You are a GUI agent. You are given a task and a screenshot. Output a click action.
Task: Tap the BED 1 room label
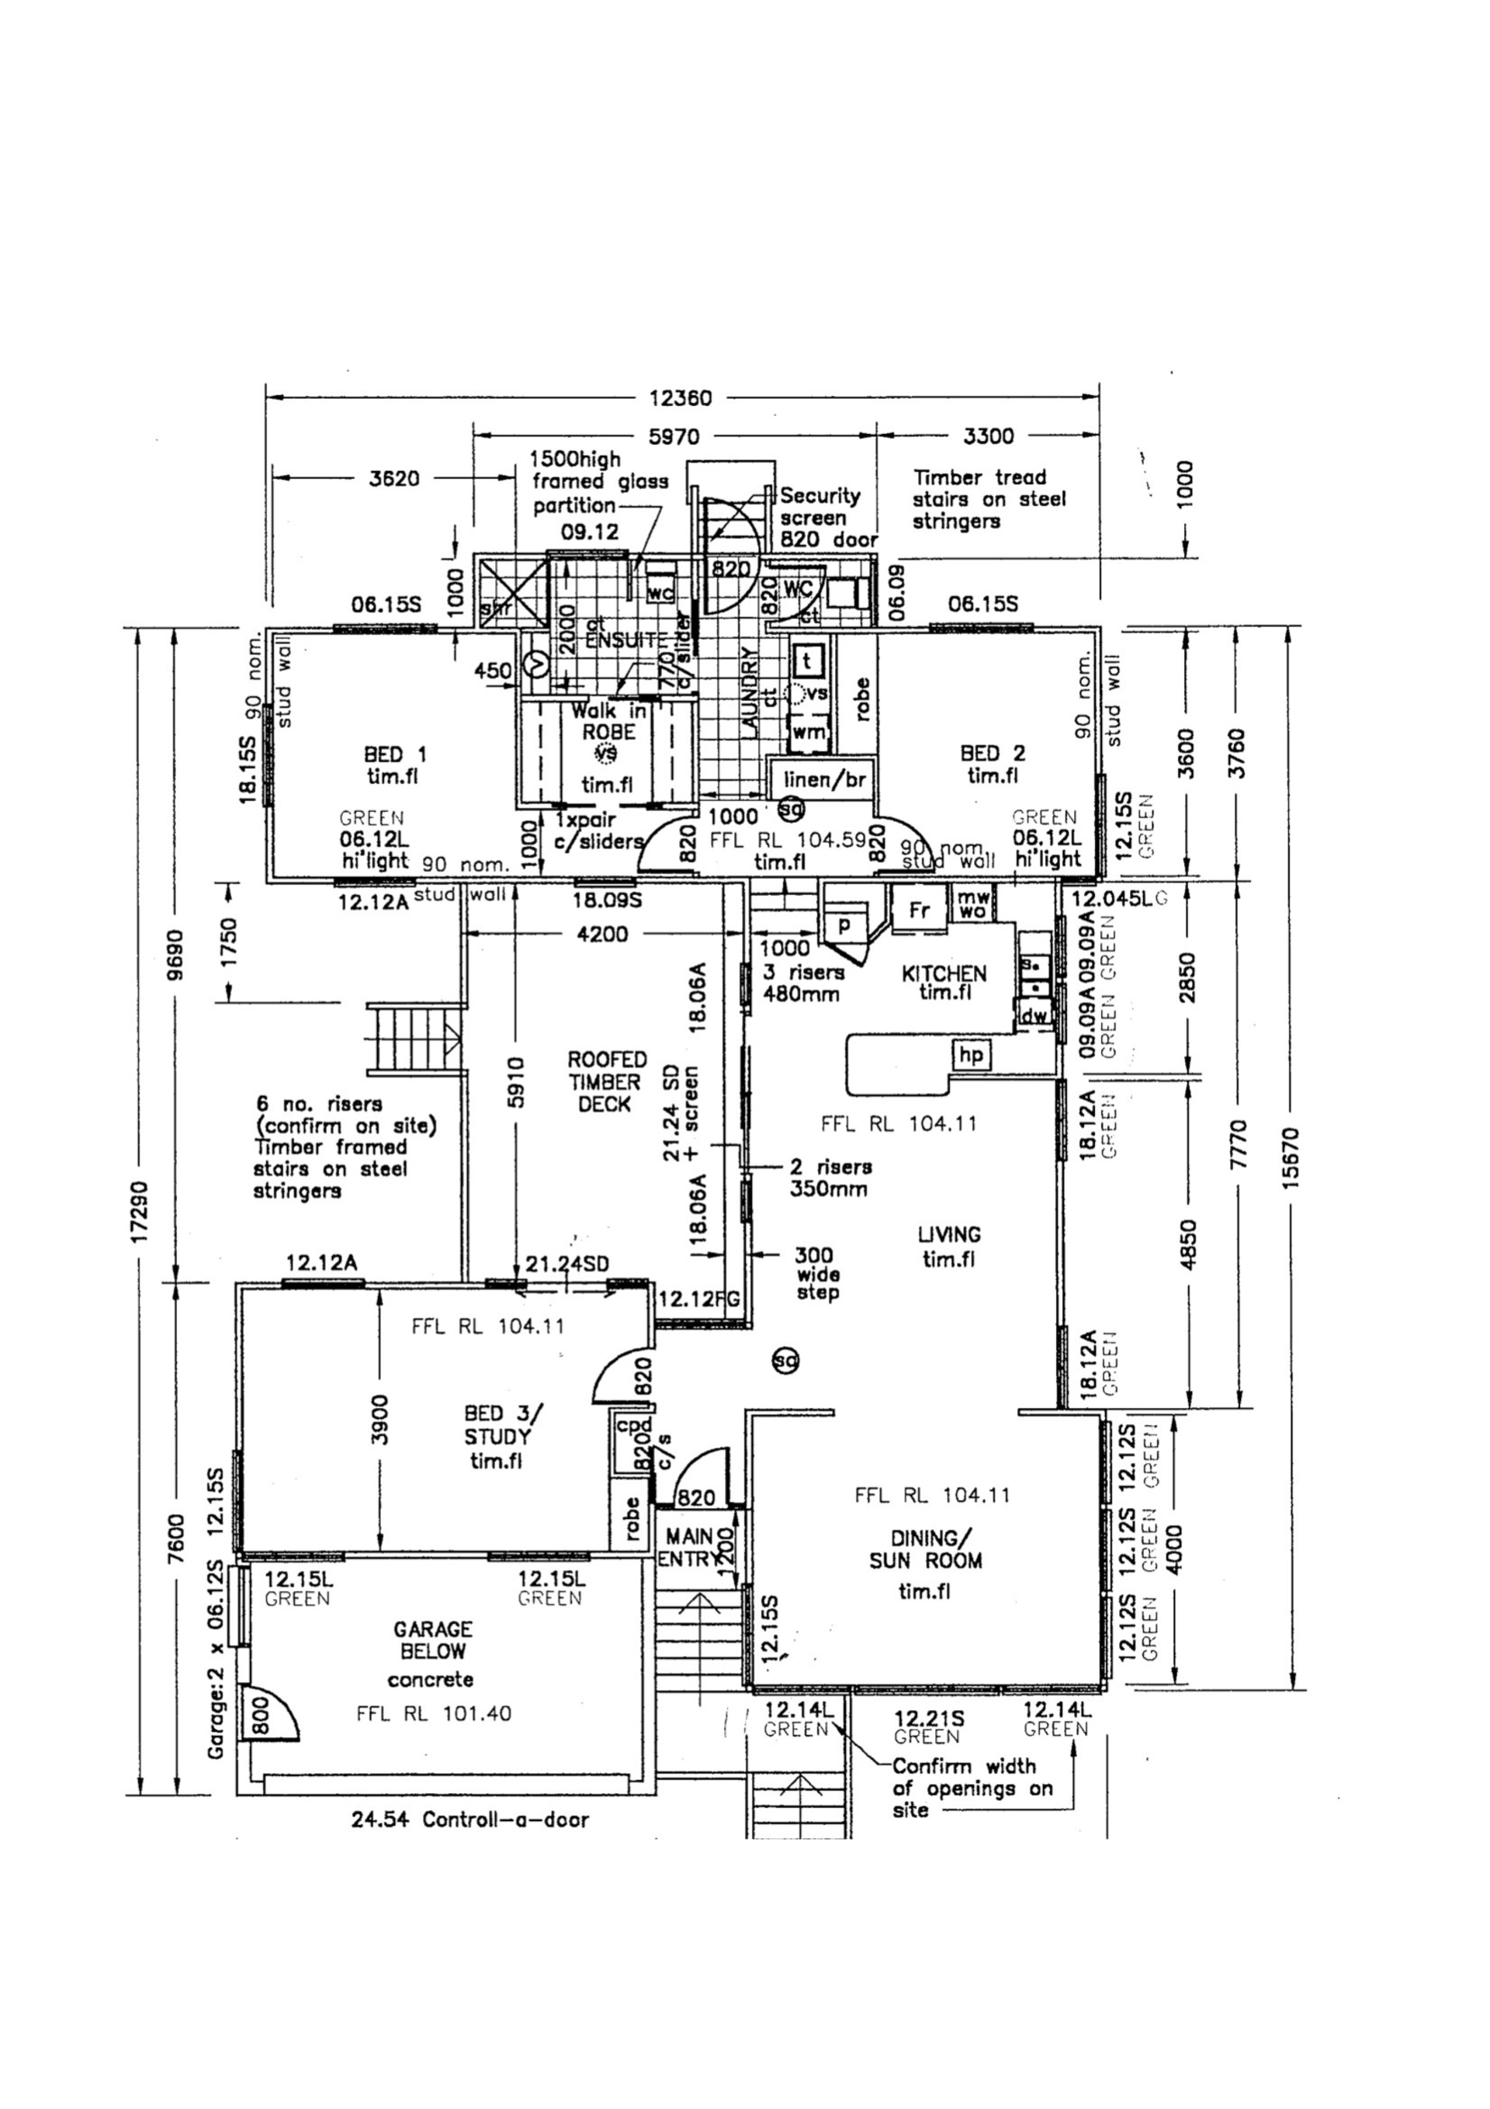(395, 765)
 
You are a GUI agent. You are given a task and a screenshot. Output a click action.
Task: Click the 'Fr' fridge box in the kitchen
(920, 910)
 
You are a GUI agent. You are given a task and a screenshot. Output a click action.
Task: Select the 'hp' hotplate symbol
(971, 1054)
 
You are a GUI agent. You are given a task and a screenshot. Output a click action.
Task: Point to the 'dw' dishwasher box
(1034, 1016)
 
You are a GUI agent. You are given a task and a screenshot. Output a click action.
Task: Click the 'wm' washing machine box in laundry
(809, 732)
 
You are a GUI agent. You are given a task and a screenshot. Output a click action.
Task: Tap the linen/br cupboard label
(824, 780)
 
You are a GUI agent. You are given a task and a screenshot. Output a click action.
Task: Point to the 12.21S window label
(929, 1718)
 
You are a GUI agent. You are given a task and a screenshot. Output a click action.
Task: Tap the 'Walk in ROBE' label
(607, 721)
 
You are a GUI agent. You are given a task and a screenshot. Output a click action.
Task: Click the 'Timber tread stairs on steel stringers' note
(989, 499)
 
